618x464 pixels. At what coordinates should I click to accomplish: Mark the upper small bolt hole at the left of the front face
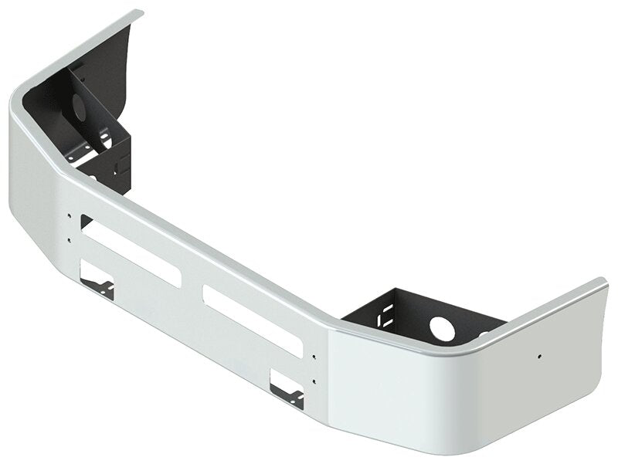click(x=69, y=217)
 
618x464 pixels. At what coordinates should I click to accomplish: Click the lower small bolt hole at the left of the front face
click(x=69, y=240)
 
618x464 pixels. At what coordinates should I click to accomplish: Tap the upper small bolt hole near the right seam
click(x=314, y=356)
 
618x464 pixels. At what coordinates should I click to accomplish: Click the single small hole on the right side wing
click(x=539, y=356)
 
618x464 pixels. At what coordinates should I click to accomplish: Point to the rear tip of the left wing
click(x=139, y=12)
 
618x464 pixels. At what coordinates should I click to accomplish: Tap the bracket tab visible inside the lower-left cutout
click(x=104, y=289)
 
